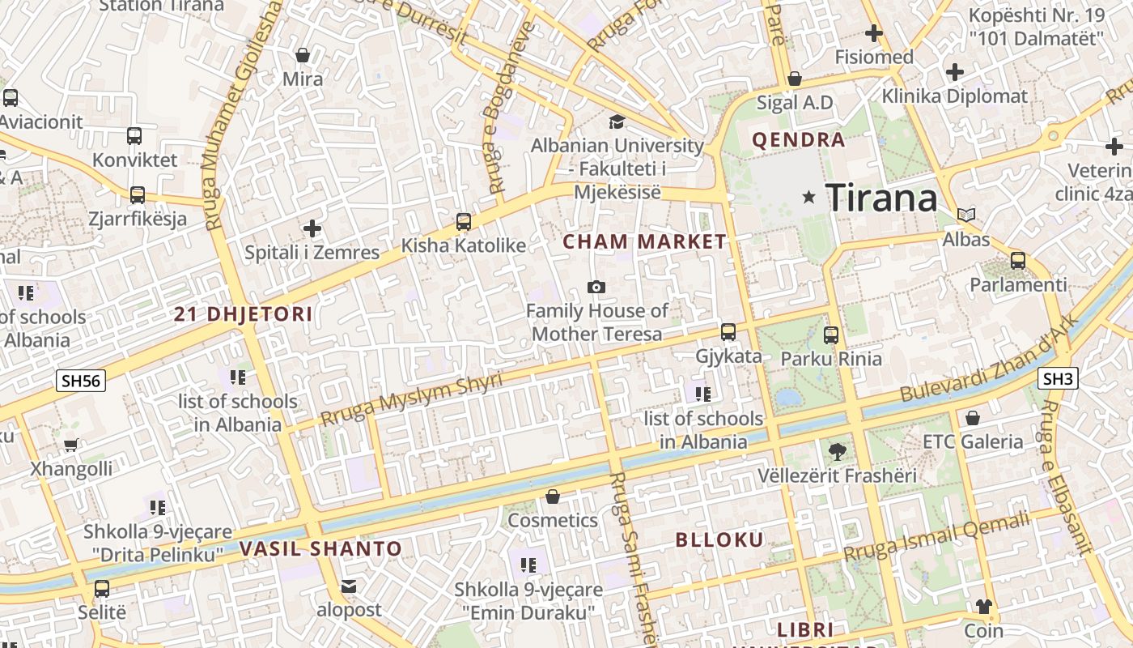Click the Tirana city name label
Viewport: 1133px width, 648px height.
click(881, 197)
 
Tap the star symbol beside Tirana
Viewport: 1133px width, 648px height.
click(808, 197)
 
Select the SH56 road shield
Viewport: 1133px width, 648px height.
click(81, 380)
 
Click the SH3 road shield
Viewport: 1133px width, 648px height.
click(1057, 378)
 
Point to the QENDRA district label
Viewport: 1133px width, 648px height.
click(798, 140)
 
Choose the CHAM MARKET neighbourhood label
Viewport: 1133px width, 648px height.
click(644, 241)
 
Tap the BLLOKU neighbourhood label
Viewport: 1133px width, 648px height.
click(719, 539)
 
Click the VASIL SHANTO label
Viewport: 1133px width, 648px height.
click(320, 548)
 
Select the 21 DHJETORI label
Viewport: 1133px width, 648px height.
click(243, 314)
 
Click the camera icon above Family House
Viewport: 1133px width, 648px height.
click(596, 287)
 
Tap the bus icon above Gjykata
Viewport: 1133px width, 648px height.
click(728, 332)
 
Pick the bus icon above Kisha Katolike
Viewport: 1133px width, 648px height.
click(464, 221)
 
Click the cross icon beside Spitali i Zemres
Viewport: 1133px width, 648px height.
click(312, 228)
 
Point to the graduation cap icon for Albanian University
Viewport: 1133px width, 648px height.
click(617, 122)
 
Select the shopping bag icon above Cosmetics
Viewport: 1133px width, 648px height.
click(553, 496)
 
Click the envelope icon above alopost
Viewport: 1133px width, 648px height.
click(349, 586)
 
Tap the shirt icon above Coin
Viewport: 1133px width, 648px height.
click(983, 606)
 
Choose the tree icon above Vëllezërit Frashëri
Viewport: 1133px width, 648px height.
click(837, 451)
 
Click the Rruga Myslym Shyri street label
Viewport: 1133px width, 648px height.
click(411, 399)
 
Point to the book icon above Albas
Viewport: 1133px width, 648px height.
click(965, 215)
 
